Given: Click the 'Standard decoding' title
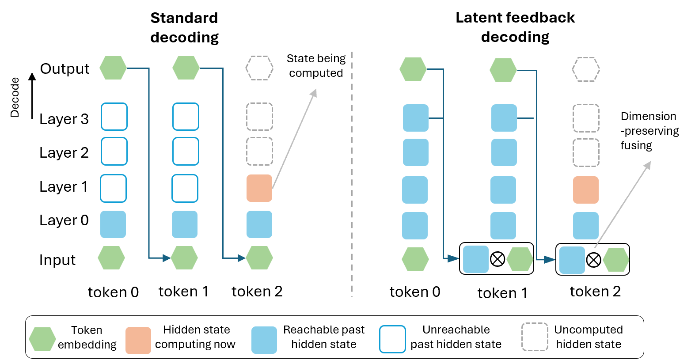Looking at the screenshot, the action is [x=184, y=27].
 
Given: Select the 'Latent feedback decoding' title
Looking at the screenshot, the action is [x=515, y=27].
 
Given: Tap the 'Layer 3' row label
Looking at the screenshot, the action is [x=64, y=119].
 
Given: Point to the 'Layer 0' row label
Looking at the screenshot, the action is [x=64, y=220].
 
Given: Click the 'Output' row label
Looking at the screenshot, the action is [x=65, y=68].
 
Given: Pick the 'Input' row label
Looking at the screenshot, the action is [x=57, y=260].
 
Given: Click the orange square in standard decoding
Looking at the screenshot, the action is [x=259, y=188].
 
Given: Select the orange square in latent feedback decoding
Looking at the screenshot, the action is [x=586, y=190].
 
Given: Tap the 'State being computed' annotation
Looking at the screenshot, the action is [x=316, y=66].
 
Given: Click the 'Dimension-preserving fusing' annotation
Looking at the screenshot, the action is [x=649, y=131].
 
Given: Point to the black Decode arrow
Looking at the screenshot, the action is [x=32, y=95].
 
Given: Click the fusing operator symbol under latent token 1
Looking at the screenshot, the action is [x=498, y=259].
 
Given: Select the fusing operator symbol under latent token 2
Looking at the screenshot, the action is [x=593, y=260].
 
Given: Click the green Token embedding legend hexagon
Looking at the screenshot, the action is [x=42, y=339].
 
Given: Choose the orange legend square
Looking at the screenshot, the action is [x=138, y=340].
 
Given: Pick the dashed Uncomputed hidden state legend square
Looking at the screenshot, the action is [x=535, y=337].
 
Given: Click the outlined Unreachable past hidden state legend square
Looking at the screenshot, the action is [x=392, y=339].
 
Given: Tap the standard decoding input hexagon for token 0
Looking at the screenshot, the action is [x=111, y=258].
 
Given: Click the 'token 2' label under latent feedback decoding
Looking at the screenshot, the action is [x=595, y=292].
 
